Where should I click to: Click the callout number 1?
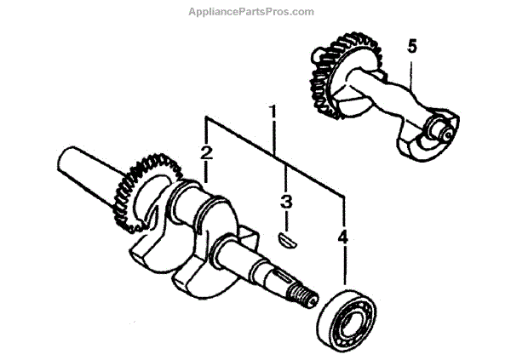(x=273, y=111)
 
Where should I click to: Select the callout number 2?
(x=206, y=153)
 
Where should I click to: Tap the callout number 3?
(x=286, y=203)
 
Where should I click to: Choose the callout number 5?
(x=412, y=47)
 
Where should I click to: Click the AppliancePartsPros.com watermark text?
(x=255, y=12)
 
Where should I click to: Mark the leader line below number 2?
(x=206, y=174)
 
